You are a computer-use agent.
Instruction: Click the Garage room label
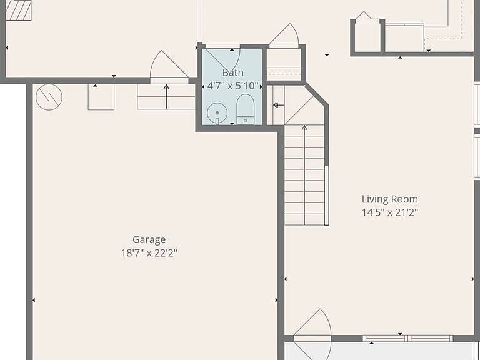point(149,240)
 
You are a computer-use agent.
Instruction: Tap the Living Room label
point(390,199)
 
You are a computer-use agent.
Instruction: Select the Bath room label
point(233,72)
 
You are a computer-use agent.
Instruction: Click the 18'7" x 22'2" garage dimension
point(149,253)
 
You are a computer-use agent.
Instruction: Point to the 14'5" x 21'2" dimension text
point(390,212)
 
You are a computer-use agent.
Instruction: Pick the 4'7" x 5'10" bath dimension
point(233,86)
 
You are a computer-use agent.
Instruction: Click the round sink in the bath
point(217,113)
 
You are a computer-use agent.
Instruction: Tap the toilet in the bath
point(246,109)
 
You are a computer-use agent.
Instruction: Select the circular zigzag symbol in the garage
point(49,97)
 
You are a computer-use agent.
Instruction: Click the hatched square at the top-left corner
point(19,10)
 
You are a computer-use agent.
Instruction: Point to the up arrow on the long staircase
point(304,174)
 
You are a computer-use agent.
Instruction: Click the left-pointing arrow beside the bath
point(279,105)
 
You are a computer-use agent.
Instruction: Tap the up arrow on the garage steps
point(166,96)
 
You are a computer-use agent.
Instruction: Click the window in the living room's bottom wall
point(407,338)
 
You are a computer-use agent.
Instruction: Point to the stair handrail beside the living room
point(327,195)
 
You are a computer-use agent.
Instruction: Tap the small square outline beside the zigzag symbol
point(101,97)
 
